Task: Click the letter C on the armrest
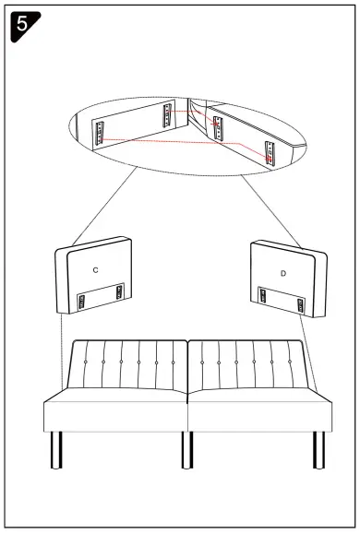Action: (x=96, y=269)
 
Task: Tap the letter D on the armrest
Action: (x=282, y=274)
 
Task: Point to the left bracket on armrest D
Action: (x=264, y=297)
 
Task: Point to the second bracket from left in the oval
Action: (x=167, y=115)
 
